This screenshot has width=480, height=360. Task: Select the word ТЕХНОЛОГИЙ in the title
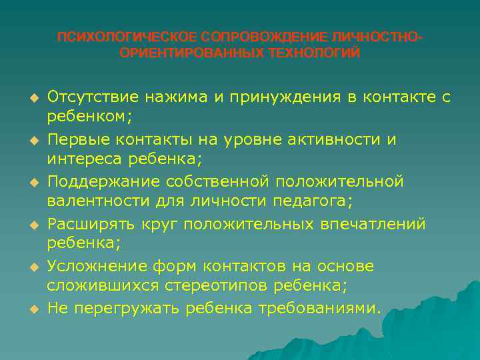point(314,53)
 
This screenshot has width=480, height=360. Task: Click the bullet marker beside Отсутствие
point(31,98)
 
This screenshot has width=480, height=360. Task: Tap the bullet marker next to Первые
point(31,140)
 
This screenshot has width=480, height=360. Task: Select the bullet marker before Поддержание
point(31,182)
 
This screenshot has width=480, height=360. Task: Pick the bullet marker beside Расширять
point(31,225)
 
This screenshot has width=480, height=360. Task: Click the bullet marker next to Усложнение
point(31,267)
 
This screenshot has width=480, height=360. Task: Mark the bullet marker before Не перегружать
point(31,309)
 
